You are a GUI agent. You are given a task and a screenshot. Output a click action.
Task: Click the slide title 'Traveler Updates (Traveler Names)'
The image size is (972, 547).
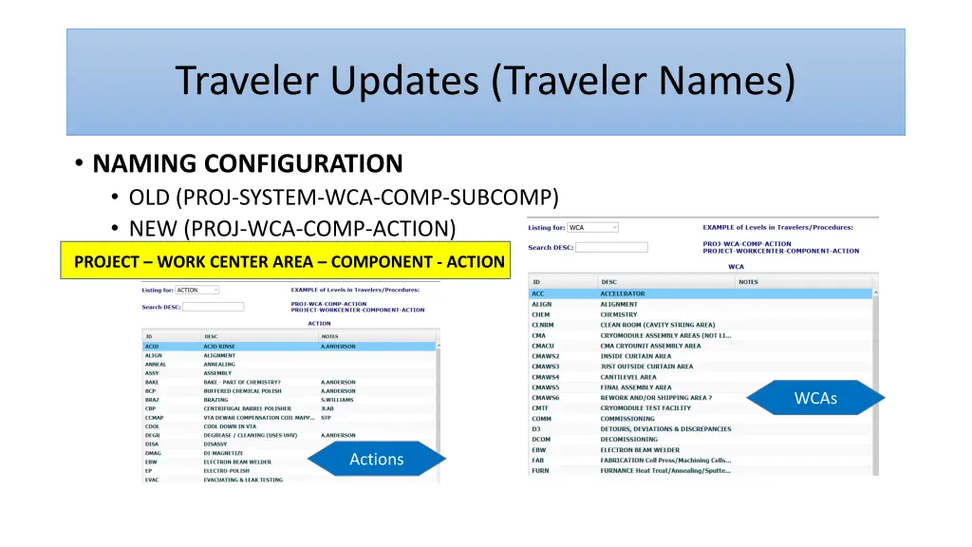485,82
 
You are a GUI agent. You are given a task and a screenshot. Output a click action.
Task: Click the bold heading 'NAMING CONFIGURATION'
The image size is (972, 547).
248,164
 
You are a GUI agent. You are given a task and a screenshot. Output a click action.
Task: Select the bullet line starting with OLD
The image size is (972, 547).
344,198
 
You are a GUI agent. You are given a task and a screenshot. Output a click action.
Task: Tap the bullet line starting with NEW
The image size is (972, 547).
292,229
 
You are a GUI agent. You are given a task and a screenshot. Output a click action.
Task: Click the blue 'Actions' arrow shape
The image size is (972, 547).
377,460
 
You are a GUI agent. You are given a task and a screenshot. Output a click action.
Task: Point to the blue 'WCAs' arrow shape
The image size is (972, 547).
815,398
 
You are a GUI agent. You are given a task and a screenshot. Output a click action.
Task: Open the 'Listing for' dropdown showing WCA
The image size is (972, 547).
592,228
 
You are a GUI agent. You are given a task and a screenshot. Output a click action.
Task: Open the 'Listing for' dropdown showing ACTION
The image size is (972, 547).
197,290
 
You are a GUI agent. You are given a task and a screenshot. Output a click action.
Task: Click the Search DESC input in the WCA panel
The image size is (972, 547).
611,247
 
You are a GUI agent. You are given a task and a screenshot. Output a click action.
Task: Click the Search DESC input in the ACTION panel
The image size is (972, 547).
213,307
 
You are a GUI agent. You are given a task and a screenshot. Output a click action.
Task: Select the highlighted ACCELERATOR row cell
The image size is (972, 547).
623,293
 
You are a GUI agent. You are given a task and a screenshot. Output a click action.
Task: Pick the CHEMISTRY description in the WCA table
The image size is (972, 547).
619,314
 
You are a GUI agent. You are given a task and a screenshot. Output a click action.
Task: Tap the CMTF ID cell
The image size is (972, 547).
540,407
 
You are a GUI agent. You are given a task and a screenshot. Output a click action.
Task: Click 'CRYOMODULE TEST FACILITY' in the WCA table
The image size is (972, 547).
645,407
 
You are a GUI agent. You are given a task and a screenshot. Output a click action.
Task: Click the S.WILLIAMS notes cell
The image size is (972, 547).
339,400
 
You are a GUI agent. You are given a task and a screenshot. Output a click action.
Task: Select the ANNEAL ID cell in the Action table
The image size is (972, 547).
156,365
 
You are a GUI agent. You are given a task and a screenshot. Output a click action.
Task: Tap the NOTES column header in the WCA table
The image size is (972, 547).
748,282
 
